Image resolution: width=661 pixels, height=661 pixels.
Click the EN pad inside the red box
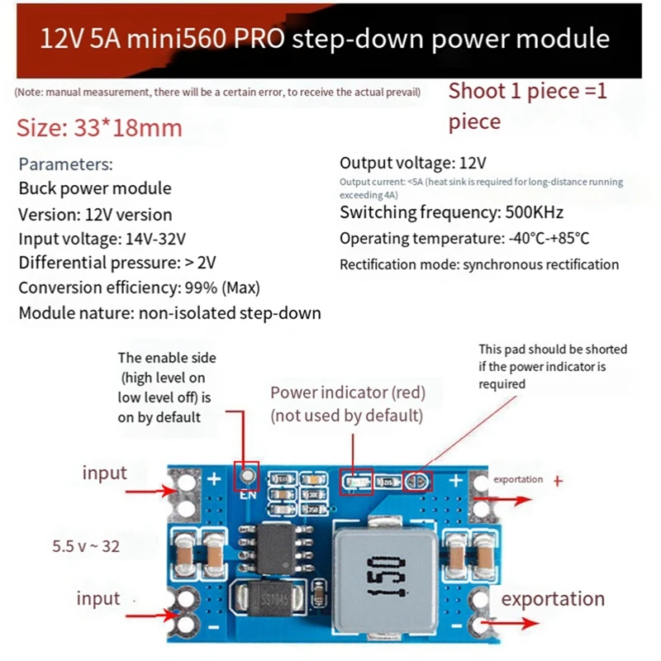245,477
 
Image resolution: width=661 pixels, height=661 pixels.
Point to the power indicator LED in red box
355,482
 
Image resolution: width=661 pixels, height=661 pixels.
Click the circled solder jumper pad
416,482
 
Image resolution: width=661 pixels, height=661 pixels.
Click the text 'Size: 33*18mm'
99,128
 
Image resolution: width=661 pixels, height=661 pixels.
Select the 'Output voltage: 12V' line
413,163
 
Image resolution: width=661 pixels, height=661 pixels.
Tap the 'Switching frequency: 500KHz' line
442,213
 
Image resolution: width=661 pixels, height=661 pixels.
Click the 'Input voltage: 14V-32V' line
102,239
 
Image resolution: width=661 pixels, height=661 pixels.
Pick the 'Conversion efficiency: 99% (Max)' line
139,288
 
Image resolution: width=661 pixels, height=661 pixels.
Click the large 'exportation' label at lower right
553,599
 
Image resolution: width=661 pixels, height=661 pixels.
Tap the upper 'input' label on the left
104,473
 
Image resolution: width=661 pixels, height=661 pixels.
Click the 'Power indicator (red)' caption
348,392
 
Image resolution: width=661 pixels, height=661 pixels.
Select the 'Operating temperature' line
464,239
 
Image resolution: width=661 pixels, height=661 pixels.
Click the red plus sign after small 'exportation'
558,479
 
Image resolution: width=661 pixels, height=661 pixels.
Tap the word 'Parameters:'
65,164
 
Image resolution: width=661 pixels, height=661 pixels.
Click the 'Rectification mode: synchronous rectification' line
479,264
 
